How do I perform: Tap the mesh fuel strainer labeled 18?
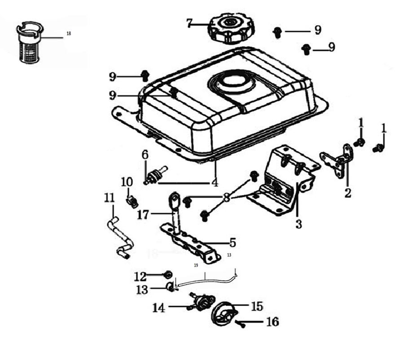point(30,45)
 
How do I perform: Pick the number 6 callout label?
point(145,154)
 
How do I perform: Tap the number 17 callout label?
point(143,215)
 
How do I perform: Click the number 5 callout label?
point(232,243)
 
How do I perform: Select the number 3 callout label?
point(299,224)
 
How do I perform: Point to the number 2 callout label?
point(347,194)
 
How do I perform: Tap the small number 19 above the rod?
point(196,265)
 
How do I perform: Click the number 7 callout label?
point(189,23)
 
